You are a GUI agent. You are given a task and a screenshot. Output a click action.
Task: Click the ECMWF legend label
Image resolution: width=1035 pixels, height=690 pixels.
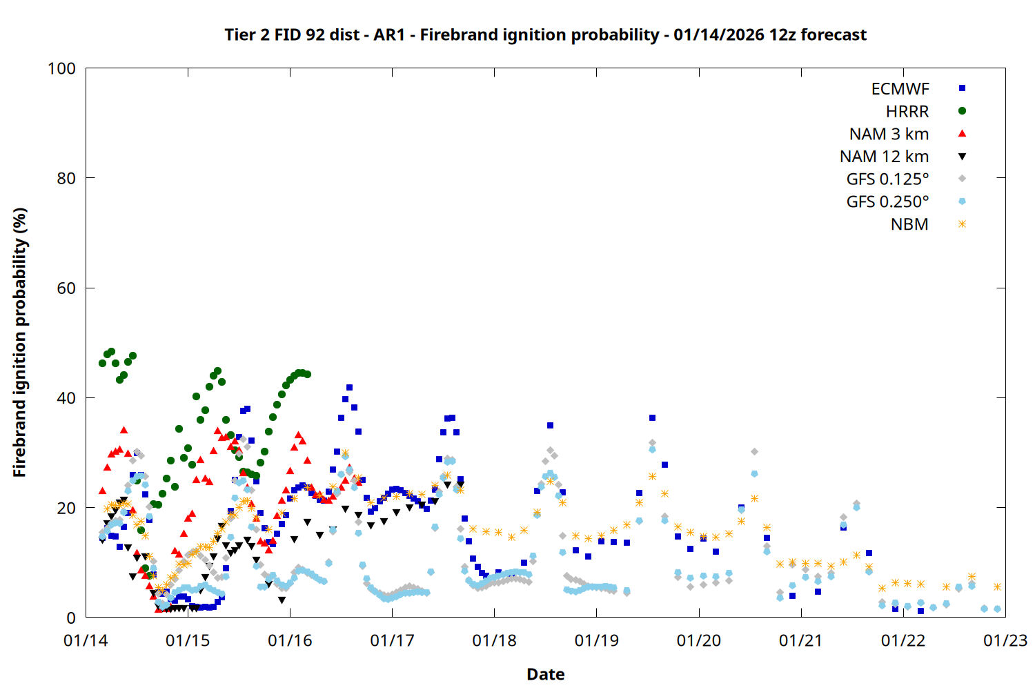[900, 89]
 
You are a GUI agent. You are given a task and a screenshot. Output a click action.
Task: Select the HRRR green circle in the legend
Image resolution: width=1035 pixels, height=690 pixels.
[962, 111]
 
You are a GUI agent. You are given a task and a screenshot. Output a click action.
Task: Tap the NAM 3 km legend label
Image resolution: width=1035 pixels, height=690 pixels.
[889, 134]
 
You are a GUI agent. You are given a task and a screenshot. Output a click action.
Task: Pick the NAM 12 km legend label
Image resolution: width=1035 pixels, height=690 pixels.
[884, 157]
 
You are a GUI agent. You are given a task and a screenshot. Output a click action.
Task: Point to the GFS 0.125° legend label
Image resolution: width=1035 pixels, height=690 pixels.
[887, 179]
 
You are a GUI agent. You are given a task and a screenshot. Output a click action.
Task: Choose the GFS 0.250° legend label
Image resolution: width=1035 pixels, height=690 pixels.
[887, 202]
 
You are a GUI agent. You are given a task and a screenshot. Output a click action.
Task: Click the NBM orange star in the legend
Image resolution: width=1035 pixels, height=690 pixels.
[962, 224]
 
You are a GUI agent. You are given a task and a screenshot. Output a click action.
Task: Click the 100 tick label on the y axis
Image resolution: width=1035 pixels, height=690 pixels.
[61, 68]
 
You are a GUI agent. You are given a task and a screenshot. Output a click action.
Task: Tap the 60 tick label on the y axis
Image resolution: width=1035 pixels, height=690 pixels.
[66, 288]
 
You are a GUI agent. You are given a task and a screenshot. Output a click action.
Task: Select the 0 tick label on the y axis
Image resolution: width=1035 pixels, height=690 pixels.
[70, 618]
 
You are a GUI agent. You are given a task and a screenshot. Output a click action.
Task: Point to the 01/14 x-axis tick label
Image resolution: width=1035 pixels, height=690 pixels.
[86, 641]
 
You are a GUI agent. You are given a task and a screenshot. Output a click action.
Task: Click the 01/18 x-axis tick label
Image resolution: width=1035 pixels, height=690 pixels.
[494, 641]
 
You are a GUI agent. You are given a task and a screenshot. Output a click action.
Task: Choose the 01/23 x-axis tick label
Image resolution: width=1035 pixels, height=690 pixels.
[1005, 641]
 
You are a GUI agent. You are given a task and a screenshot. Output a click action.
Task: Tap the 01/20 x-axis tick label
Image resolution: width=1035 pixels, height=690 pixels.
[698, 641]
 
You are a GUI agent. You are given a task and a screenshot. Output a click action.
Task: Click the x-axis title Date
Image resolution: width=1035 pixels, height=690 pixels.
[545, 674]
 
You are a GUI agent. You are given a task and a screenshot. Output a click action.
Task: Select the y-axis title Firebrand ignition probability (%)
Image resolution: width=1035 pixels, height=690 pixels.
[19, 342]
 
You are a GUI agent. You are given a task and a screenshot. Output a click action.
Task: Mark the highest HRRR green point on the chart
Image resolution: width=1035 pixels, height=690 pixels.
[111, 352]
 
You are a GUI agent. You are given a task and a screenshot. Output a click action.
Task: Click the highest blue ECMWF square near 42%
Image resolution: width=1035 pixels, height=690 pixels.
[349, 388]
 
